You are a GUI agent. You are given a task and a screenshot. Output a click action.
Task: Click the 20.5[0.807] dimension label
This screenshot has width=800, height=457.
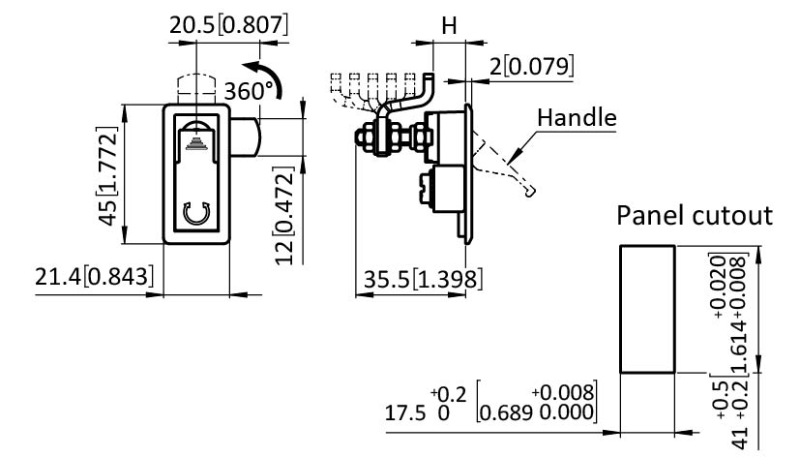228,24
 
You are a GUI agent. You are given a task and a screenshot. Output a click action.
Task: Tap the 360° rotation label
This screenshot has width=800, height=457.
250,92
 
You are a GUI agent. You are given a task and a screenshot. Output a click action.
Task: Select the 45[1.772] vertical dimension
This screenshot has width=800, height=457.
114,171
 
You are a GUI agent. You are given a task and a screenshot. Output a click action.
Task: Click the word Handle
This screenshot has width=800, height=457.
577,118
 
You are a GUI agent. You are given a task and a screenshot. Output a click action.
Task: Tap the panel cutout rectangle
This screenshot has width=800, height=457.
647,308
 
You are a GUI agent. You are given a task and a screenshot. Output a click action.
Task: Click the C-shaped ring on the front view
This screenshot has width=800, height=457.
197,214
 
